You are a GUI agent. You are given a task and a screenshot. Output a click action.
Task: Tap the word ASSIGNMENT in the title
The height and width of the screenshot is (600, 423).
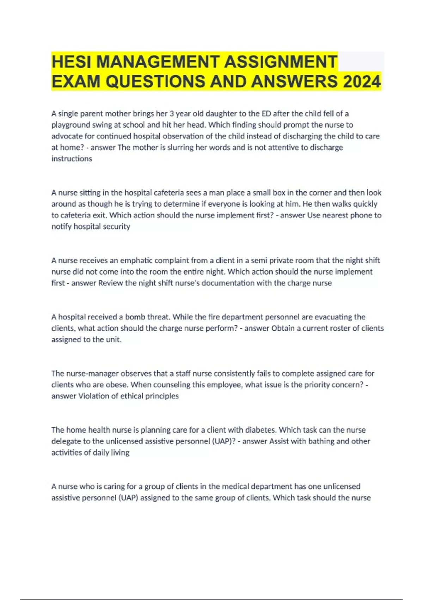[x=281, y=62]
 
